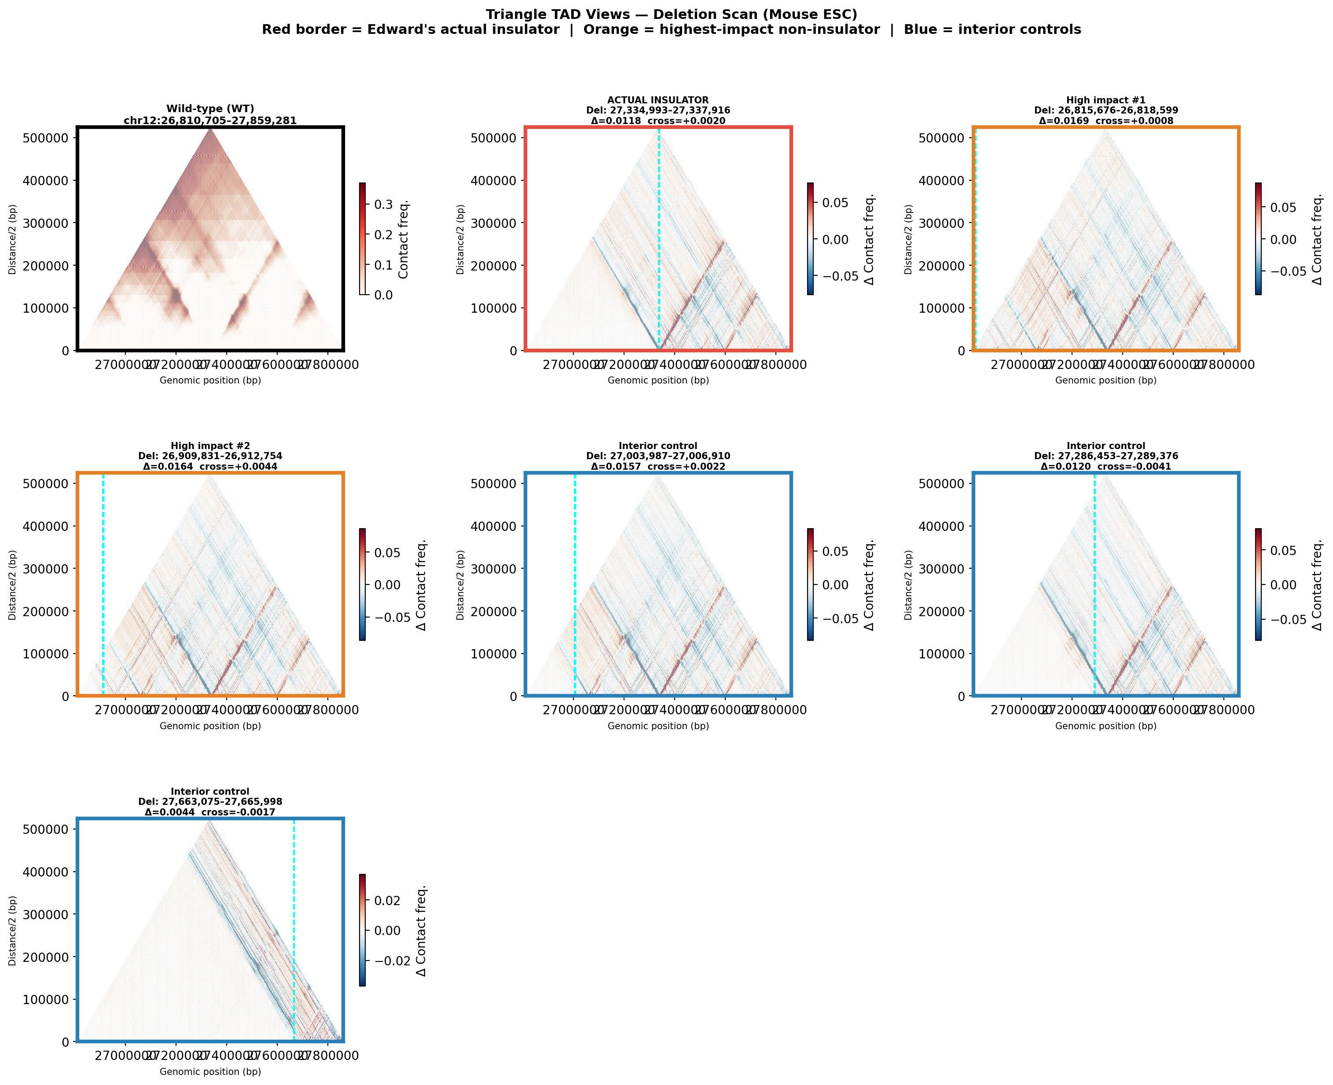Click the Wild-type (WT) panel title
tap(210, 109)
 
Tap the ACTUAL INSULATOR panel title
tap(658, 100)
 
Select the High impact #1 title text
tap(1105, 100)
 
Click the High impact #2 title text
tap(210, 446)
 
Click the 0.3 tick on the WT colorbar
tap(383, 205)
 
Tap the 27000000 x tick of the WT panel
tap(125, 364)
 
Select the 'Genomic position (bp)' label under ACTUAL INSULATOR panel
tap(658, 380)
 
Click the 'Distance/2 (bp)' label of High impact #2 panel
tap(12, 585)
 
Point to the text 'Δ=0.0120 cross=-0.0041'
tap(1105, 466)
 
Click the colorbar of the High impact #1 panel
tap(1258, 239)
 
